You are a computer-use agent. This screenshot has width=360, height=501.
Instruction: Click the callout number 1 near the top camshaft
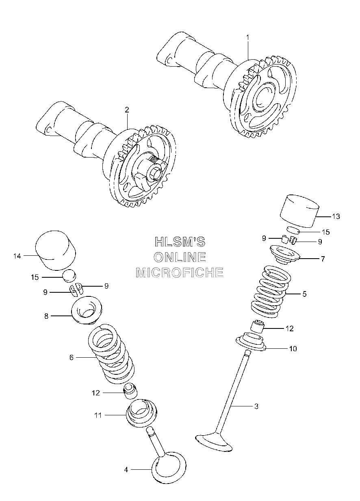247,37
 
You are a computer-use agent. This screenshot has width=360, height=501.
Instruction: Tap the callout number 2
127,110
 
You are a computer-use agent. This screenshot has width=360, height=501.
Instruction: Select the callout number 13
336,216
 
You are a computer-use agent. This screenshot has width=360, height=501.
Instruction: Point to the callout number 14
17,256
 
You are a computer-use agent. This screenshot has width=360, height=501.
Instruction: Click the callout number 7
323,259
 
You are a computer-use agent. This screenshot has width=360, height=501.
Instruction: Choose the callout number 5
304,294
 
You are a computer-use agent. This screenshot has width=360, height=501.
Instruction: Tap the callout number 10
293,348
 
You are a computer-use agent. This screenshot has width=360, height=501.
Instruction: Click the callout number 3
256,406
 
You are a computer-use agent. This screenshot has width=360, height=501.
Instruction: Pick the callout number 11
98,415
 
